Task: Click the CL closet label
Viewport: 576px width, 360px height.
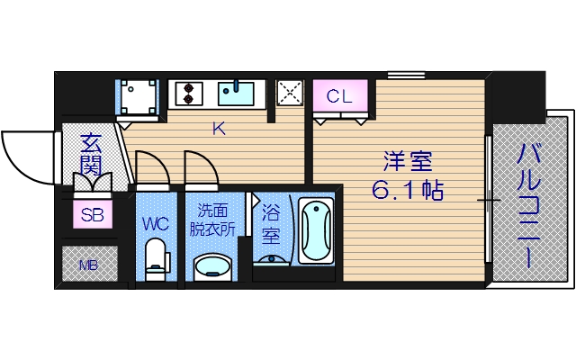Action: (339, 94)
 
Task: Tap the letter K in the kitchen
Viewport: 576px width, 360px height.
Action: (218, 129)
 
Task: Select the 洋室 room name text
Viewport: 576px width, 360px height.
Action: (408, 163)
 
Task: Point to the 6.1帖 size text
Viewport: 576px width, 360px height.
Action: (409, 191)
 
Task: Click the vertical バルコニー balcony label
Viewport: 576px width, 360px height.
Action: (528, 205)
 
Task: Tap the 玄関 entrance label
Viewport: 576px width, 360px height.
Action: (90, 155)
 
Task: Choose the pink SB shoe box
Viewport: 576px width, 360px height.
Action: (92, 214)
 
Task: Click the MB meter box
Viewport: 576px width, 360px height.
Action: (88, 265)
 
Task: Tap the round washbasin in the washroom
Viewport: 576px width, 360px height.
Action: (212, 266)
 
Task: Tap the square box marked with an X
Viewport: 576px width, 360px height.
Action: (290, 93)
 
